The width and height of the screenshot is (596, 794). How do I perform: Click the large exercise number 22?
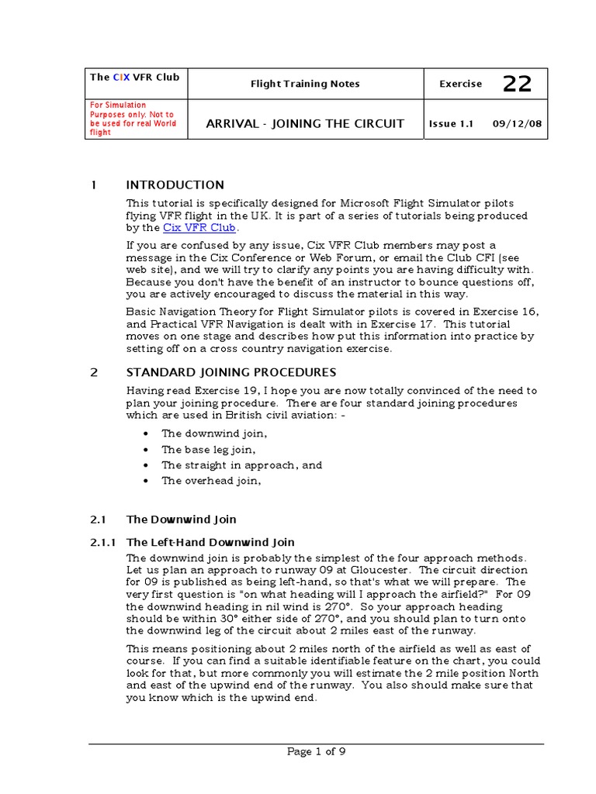pyautogui.click(x=517, y=84)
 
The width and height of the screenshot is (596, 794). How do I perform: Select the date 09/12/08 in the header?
pyautogui.click(x=515, y=123)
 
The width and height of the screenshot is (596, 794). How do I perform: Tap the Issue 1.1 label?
pyautogui.click(x=451, y=123)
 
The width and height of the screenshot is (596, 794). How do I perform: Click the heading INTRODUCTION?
pyautogui.click(x=175, y=185)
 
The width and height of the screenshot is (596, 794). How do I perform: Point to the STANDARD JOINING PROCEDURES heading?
pyautogui.click(x=231, y=372)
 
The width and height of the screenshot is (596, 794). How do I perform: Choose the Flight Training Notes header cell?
pyautogui.click(x=305, y=84)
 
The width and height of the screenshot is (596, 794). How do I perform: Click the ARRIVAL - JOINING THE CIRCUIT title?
pyautogui.click(x=305, y=123)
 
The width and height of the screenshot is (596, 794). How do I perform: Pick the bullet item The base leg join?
pyautogui.click(x=208, y=450)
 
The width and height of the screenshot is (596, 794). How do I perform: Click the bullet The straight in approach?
pyautogui.click(x=241, y=465)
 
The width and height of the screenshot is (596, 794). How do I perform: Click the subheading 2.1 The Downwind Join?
pyautogui.click(x=182, y=519)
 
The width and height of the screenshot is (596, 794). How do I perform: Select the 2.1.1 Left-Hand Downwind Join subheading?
pyautogui.click(x=210, y=542)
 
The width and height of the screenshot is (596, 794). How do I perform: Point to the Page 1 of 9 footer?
pyautogui.click(x=316, y=751)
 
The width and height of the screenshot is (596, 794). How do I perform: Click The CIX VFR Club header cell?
pyautogui.click(x=134, y=77)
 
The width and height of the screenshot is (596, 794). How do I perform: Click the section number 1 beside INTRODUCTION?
pyautogui.click(x=94, y=185)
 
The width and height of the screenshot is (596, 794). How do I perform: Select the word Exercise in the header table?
pyautogui.click(x=460, y=84)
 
